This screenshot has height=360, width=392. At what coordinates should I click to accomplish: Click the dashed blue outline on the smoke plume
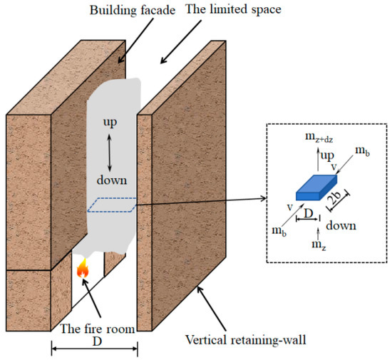114,206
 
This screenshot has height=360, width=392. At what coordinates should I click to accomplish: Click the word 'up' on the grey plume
109,122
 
